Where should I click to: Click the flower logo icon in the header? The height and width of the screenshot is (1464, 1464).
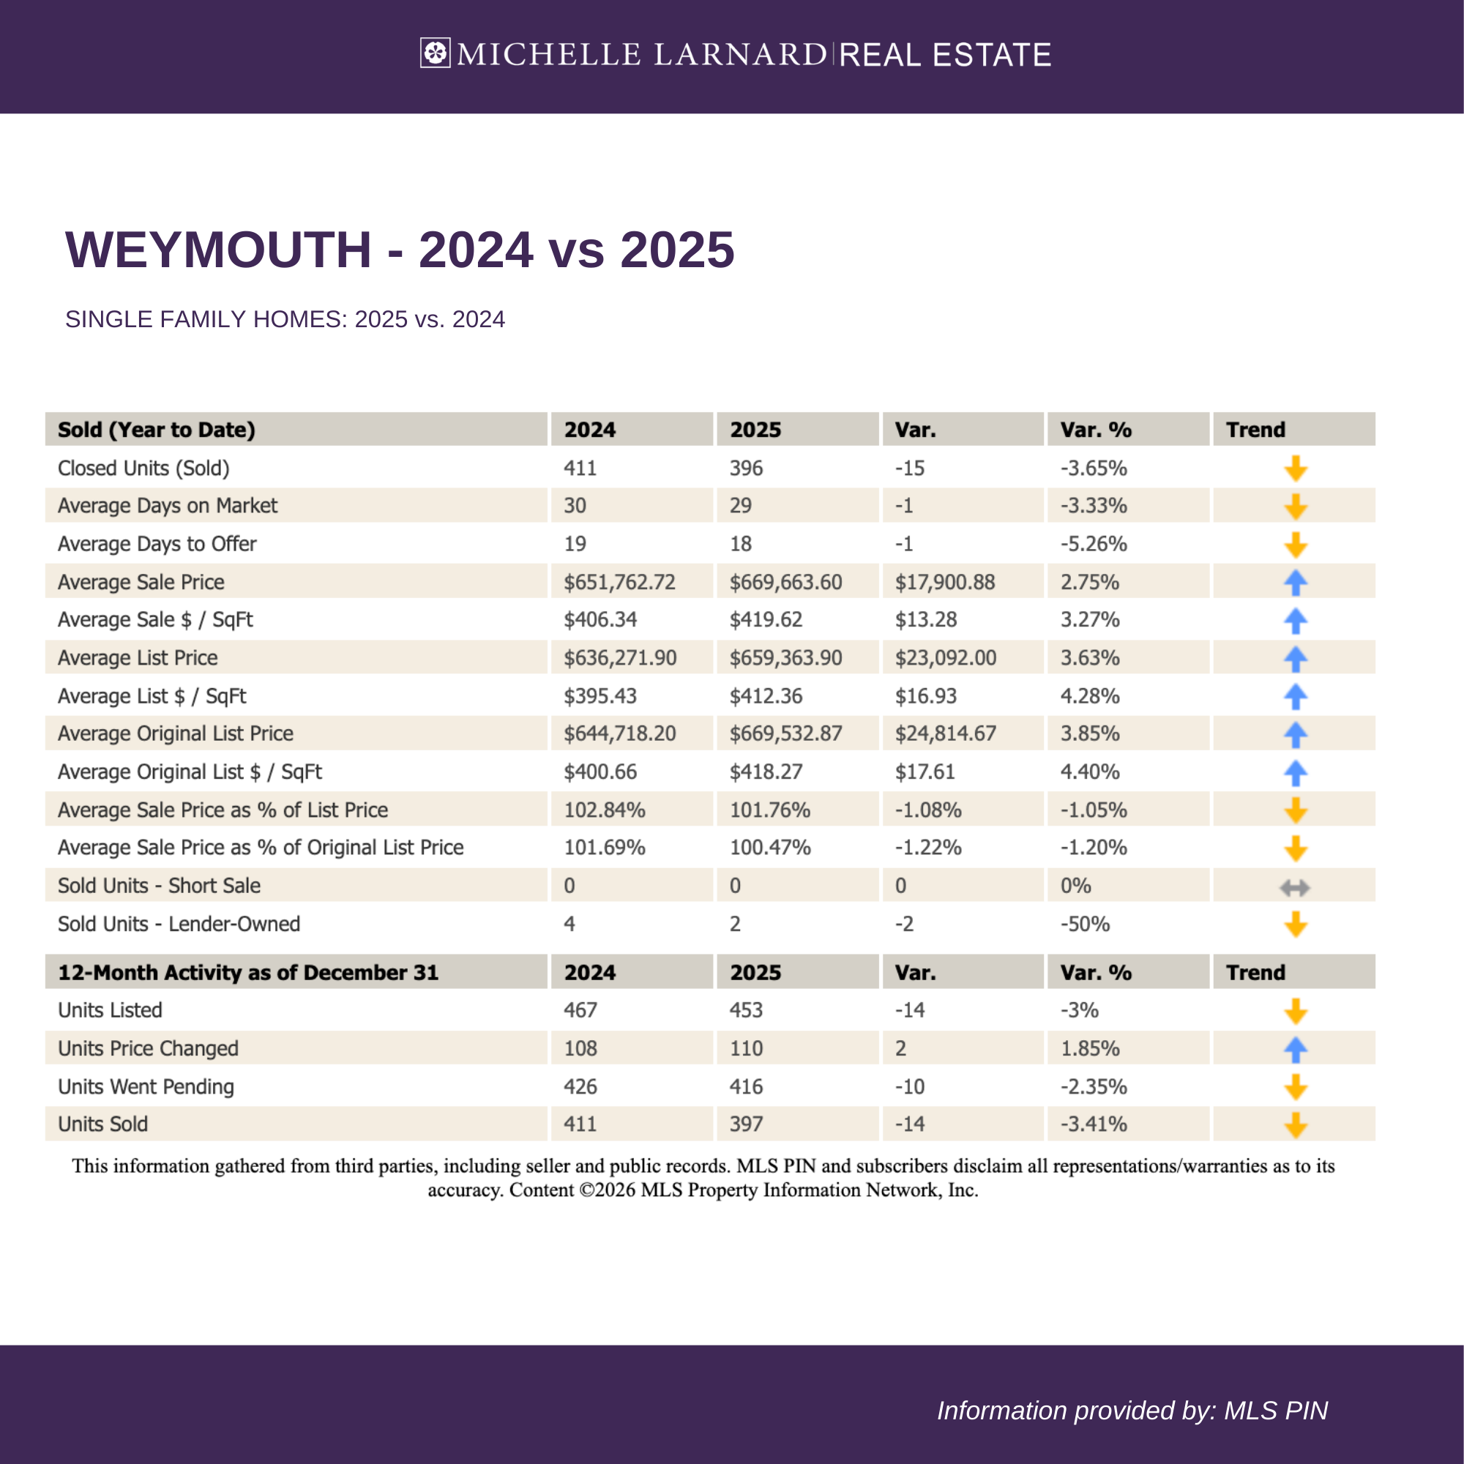tap(435, 53)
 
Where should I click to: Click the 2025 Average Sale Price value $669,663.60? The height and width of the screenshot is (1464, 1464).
tap(785, 582)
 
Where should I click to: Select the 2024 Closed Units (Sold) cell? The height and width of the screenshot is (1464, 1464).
tap(580, 468)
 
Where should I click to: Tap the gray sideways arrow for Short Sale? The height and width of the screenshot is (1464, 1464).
tap(1295, 886)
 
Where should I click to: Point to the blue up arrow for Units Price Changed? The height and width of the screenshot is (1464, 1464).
tap(1295, 1050)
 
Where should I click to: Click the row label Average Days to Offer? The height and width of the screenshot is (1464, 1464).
tap(157, 544)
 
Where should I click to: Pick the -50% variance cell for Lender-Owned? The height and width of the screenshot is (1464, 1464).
tap(1084, 924)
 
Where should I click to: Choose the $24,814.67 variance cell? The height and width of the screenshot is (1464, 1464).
tap(945, 733)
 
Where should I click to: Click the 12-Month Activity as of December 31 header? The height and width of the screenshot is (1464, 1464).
tap(248, 972)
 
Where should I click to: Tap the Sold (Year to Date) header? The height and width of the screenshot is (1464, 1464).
tap(156, 430)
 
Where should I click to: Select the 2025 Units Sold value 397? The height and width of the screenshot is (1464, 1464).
tap(746, 1124)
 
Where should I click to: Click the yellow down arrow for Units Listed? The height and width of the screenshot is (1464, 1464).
tap(1295, 1011)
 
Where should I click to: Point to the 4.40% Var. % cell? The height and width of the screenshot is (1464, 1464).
tap(1089, 772)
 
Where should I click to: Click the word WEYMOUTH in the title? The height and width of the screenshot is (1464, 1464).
tap(218, 250)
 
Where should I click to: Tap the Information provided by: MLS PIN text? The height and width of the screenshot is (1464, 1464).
tap(1132, 1411)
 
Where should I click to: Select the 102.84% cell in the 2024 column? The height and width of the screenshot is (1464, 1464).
tap(604, 810)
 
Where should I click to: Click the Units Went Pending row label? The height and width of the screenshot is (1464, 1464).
tap(146, 1086)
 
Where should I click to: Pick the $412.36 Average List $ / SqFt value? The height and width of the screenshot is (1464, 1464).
tap(766, 695)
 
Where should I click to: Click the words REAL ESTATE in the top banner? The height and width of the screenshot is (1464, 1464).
tap(945, 55)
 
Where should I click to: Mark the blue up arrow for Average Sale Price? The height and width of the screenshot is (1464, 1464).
tap(1295, 583)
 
